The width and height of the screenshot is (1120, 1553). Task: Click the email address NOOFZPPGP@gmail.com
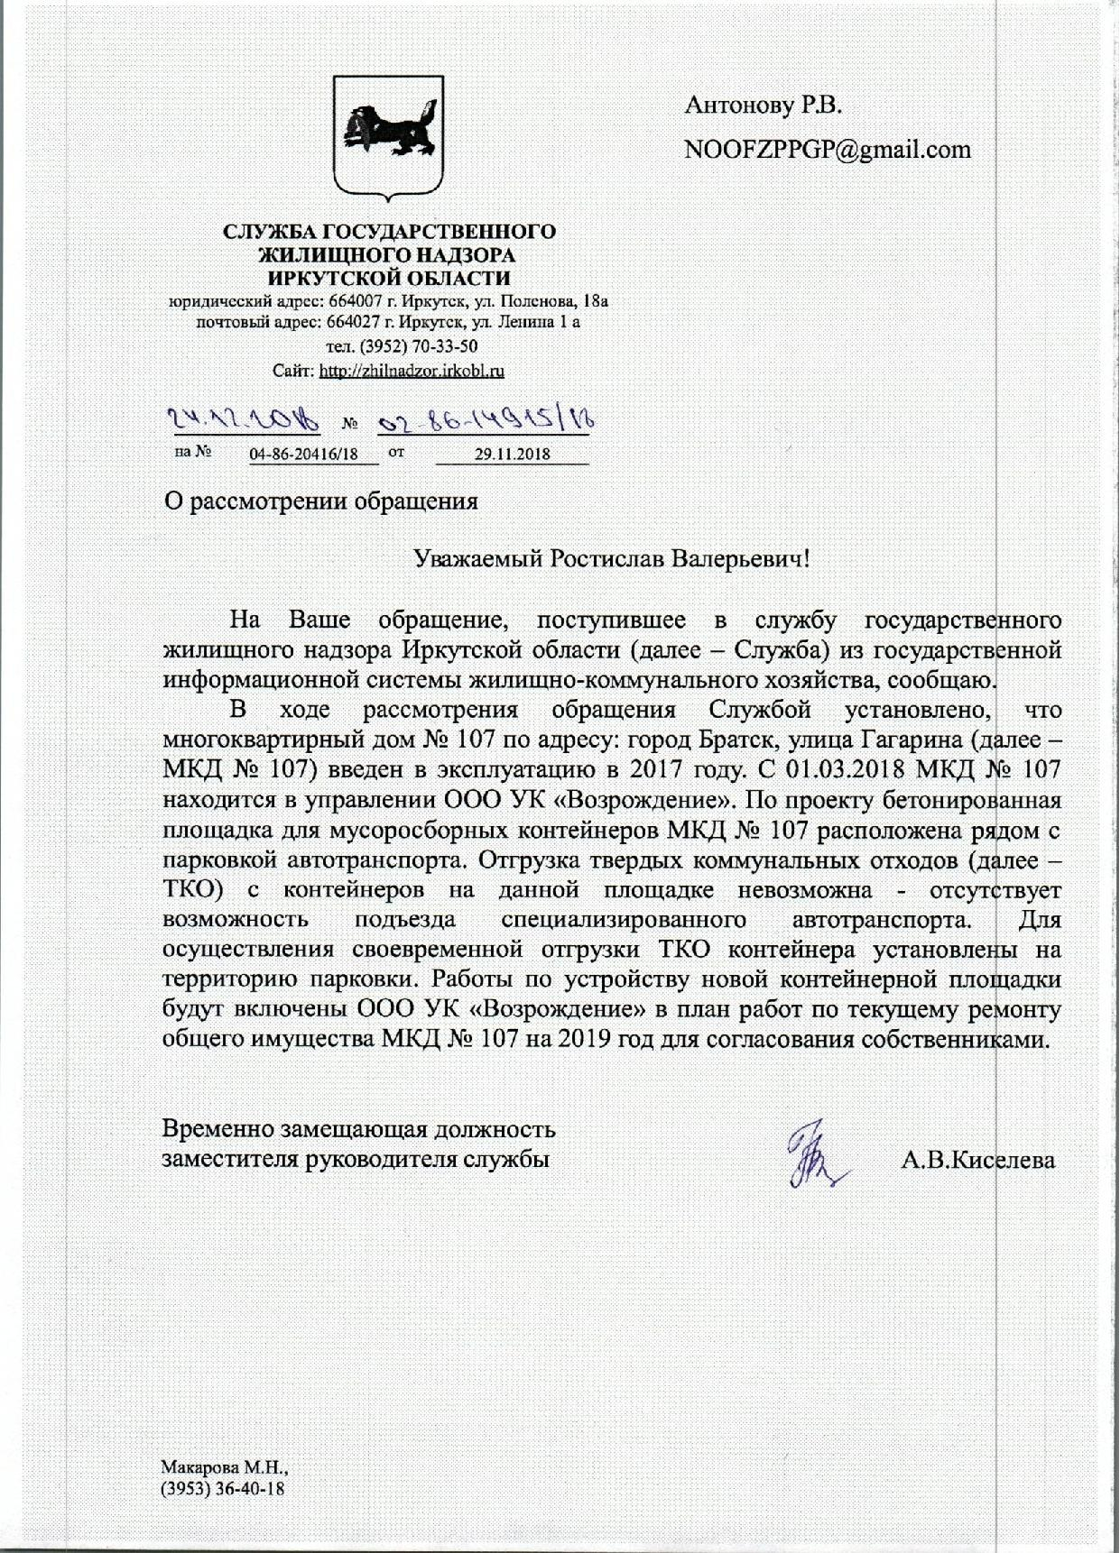(828, 149)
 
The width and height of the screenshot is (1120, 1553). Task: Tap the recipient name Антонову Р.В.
(764, 106)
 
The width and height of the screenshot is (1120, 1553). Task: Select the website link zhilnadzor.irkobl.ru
(412, 370)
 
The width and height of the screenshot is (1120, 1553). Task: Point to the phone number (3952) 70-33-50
(389, 346)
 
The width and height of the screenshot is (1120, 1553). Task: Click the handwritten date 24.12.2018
(240, 418)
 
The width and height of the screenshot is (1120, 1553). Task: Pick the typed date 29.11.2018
(512, 455)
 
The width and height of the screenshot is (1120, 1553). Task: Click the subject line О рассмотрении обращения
(320, 501)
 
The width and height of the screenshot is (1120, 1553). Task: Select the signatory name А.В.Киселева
(978, 1160)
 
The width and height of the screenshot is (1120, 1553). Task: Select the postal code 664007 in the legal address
(336, 301)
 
